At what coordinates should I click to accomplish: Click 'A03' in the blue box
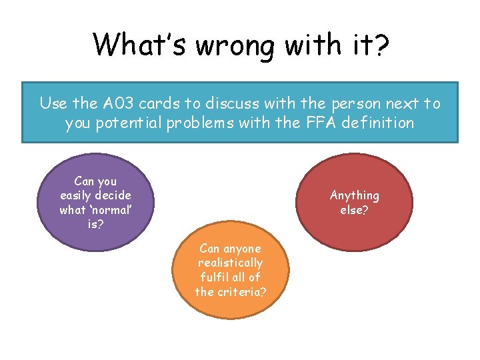tap(120, 103)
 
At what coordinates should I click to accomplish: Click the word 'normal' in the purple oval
tap(110, 210)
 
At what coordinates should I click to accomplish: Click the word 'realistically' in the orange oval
tap(230, 263)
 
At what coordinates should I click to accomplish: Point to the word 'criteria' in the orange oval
tap(236, 291)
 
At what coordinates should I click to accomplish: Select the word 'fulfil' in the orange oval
tap(211, 277)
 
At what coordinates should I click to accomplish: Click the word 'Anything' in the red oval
tap(354, 195)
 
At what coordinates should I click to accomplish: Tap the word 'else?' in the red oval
tap(354, 210)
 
